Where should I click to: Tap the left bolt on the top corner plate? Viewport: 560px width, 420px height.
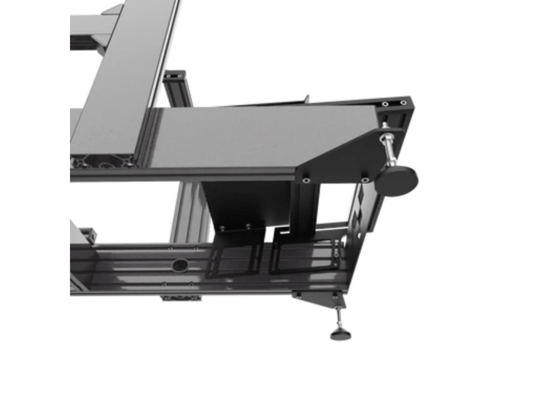pos(385,104)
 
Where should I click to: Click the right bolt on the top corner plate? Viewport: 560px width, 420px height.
pos(403,103)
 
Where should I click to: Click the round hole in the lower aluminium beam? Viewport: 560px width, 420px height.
pos(180,265)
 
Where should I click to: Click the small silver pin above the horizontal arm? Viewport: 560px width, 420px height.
pos(308,98)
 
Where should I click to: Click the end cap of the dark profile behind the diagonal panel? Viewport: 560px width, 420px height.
pos(175,74)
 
